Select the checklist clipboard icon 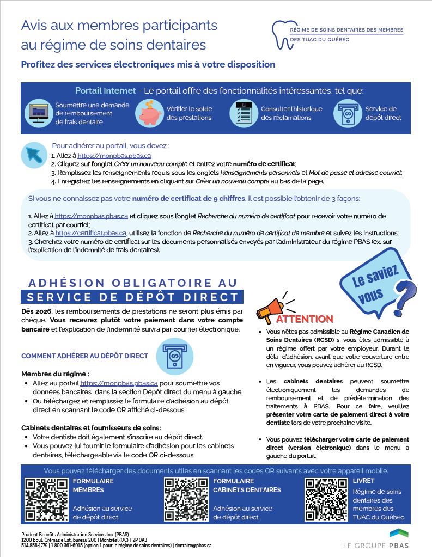pos(242,113)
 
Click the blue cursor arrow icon pos(34,155)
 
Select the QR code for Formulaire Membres pos(47,499)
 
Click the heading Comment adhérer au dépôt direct pos(84,356)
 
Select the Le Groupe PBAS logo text pos(375,545)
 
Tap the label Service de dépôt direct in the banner pos(383,113)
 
